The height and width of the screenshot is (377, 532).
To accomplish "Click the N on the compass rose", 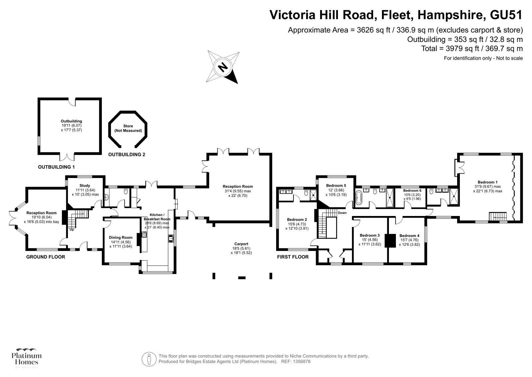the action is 223,67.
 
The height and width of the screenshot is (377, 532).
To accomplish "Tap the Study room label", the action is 85,186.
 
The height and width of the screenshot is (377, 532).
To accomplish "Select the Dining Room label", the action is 121,237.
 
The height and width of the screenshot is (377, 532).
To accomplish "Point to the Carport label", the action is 241,244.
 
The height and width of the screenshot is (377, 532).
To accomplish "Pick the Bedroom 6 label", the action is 412,190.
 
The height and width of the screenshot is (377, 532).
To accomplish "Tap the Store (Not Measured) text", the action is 128,128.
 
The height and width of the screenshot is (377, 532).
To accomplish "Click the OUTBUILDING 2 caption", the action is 126,154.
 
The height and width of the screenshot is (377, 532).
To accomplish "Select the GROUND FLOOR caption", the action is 45,257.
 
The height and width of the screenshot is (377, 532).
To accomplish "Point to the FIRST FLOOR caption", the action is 293,257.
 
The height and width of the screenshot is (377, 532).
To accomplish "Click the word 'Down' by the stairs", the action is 342,213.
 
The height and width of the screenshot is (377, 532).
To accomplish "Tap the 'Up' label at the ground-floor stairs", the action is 72,230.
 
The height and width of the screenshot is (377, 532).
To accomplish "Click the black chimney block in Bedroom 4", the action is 390,241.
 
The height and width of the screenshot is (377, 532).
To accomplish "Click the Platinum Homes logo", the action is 27,358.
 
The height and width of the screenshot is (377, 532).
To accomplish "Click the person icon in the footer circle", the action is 149,359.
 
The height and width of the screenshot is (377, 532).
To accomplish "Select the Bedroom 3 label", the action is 370,235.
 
